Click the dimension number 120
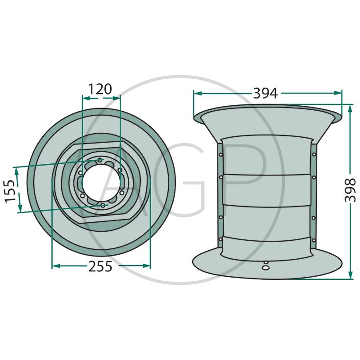100,89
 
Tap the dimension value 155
10,191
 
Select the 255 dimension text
100,266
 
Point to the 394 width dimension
265,93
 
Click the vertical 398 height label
351,190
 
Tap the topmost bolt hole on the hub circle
99,160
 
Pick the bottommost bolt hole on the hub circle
103,205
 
